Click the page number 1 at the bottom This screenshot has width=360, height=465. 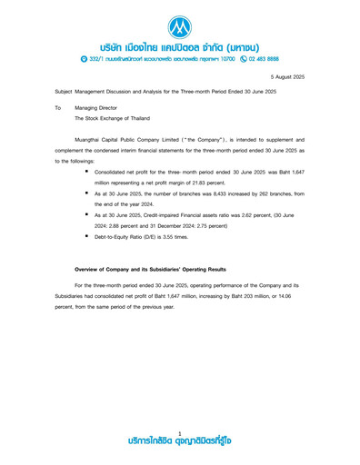[x=180, y=432]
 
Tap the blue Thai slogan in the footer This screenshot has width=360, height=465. [x=180, y=442]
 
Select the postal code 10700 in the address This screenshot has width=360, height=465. [x=216, y=57]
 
